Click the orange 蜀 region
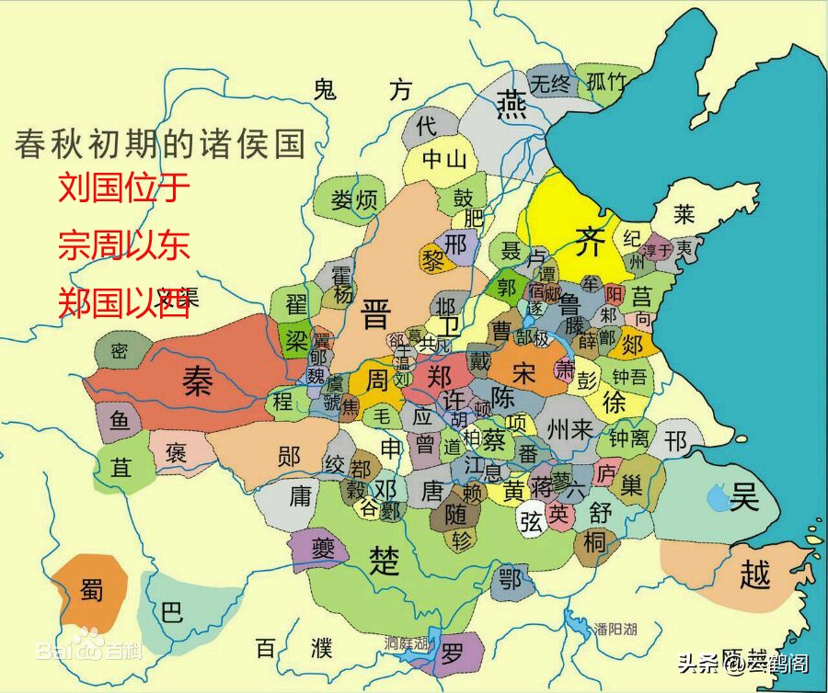[x=90, y=591]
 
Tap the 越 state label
[x=754, y=574]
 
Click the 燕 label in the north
[x=512, y=106]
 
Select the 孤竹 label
[x=605, y=81]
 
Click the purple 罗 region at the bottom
[x=452, y=654]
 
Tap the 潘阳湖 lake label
[x=615, y=629]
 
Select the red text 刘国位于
[x=124, y=187]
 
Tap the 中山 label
[x=444, y=158]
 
